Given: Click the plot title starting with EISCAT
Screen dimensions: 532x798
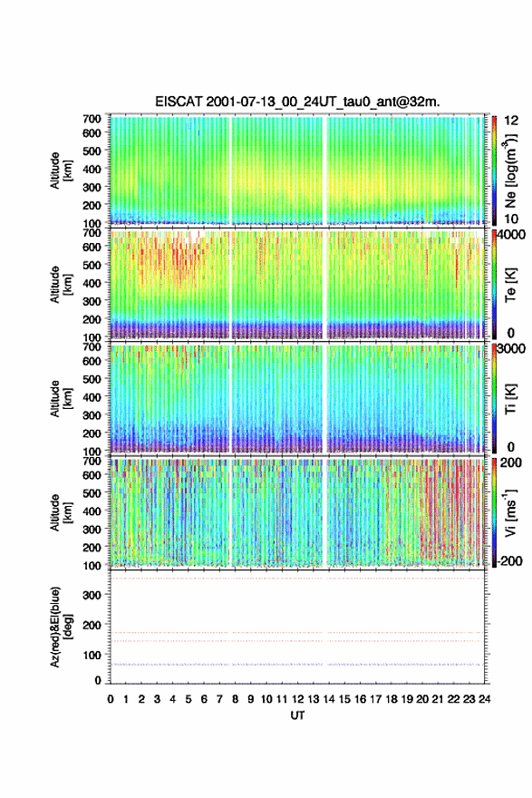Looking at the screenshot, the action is tap(297, 102).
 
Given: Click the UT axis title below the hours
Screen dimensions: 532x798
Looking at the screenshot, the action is tap(297, 715).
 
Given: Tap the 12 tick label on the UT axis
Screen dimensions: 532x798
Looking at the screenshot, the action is tap(297, 699).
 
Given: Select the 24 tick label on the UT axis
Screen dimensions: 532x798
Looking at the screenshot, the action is tap(484, 699).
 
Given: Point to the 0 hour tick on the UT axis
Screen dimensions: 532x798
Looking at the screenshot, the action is tap(111, 699).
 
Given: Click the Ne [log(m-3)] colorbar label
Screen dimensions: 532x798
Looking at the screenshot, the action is tap(511, 170).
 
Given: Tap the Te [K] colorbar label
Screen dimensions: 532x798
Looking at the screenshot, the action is tap(510, 285).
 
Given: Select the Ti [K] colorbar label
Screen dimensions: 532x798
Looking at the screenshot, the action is tap(510, 399).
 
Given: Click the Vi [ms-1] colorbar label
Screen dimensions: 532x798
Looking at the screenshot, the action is tap(510, 512).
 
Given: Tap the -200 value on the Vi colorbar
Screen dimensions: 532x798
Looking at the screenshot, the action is tap(508, 560).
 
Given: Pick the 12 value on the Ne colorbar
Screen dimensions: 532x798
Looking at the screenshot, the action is tap(511, 121).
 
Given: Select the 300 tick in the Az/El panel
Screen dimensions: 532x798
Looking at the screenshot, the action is tap(92, 595).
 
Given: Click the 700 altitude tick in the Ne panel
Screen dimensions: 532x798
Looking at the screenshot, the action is tap(92, 119).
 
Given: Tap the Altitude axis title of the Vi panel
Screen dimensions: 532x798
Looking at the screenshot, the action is tap(60, 512).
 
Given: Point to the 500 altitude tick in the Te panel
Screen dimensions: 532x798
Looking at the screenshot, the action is tap(92, 265).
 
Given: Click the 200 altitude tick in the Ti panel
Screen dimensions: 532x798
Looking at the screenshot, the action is tap(92, 433).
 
